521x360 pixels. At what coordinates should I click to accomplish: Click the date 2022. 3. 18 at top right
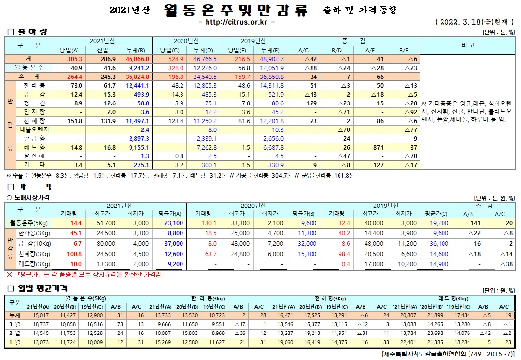click(462, 22)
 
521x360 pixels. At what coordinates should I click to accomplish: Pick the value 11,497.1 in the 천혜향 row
click(137, 121)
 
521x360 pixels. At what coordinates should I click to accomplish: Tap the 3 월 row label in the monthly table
click(15, 324)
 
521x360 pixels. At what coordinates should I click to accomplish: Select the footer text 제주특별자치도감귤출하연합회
click(432, 353)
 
